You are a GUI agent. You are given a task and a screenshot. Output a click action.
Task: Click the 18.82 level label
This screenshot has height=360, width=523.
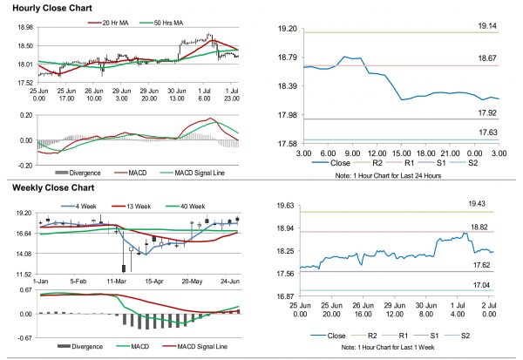(487, 227)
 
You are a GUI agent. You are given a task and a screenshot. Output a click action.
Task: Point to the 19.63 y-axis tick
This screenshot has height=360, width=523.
(283, 207)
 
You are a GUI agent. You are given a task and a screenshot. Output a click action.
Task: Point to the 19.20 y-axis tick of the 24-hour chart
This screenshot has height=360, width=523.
(286, 29)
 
